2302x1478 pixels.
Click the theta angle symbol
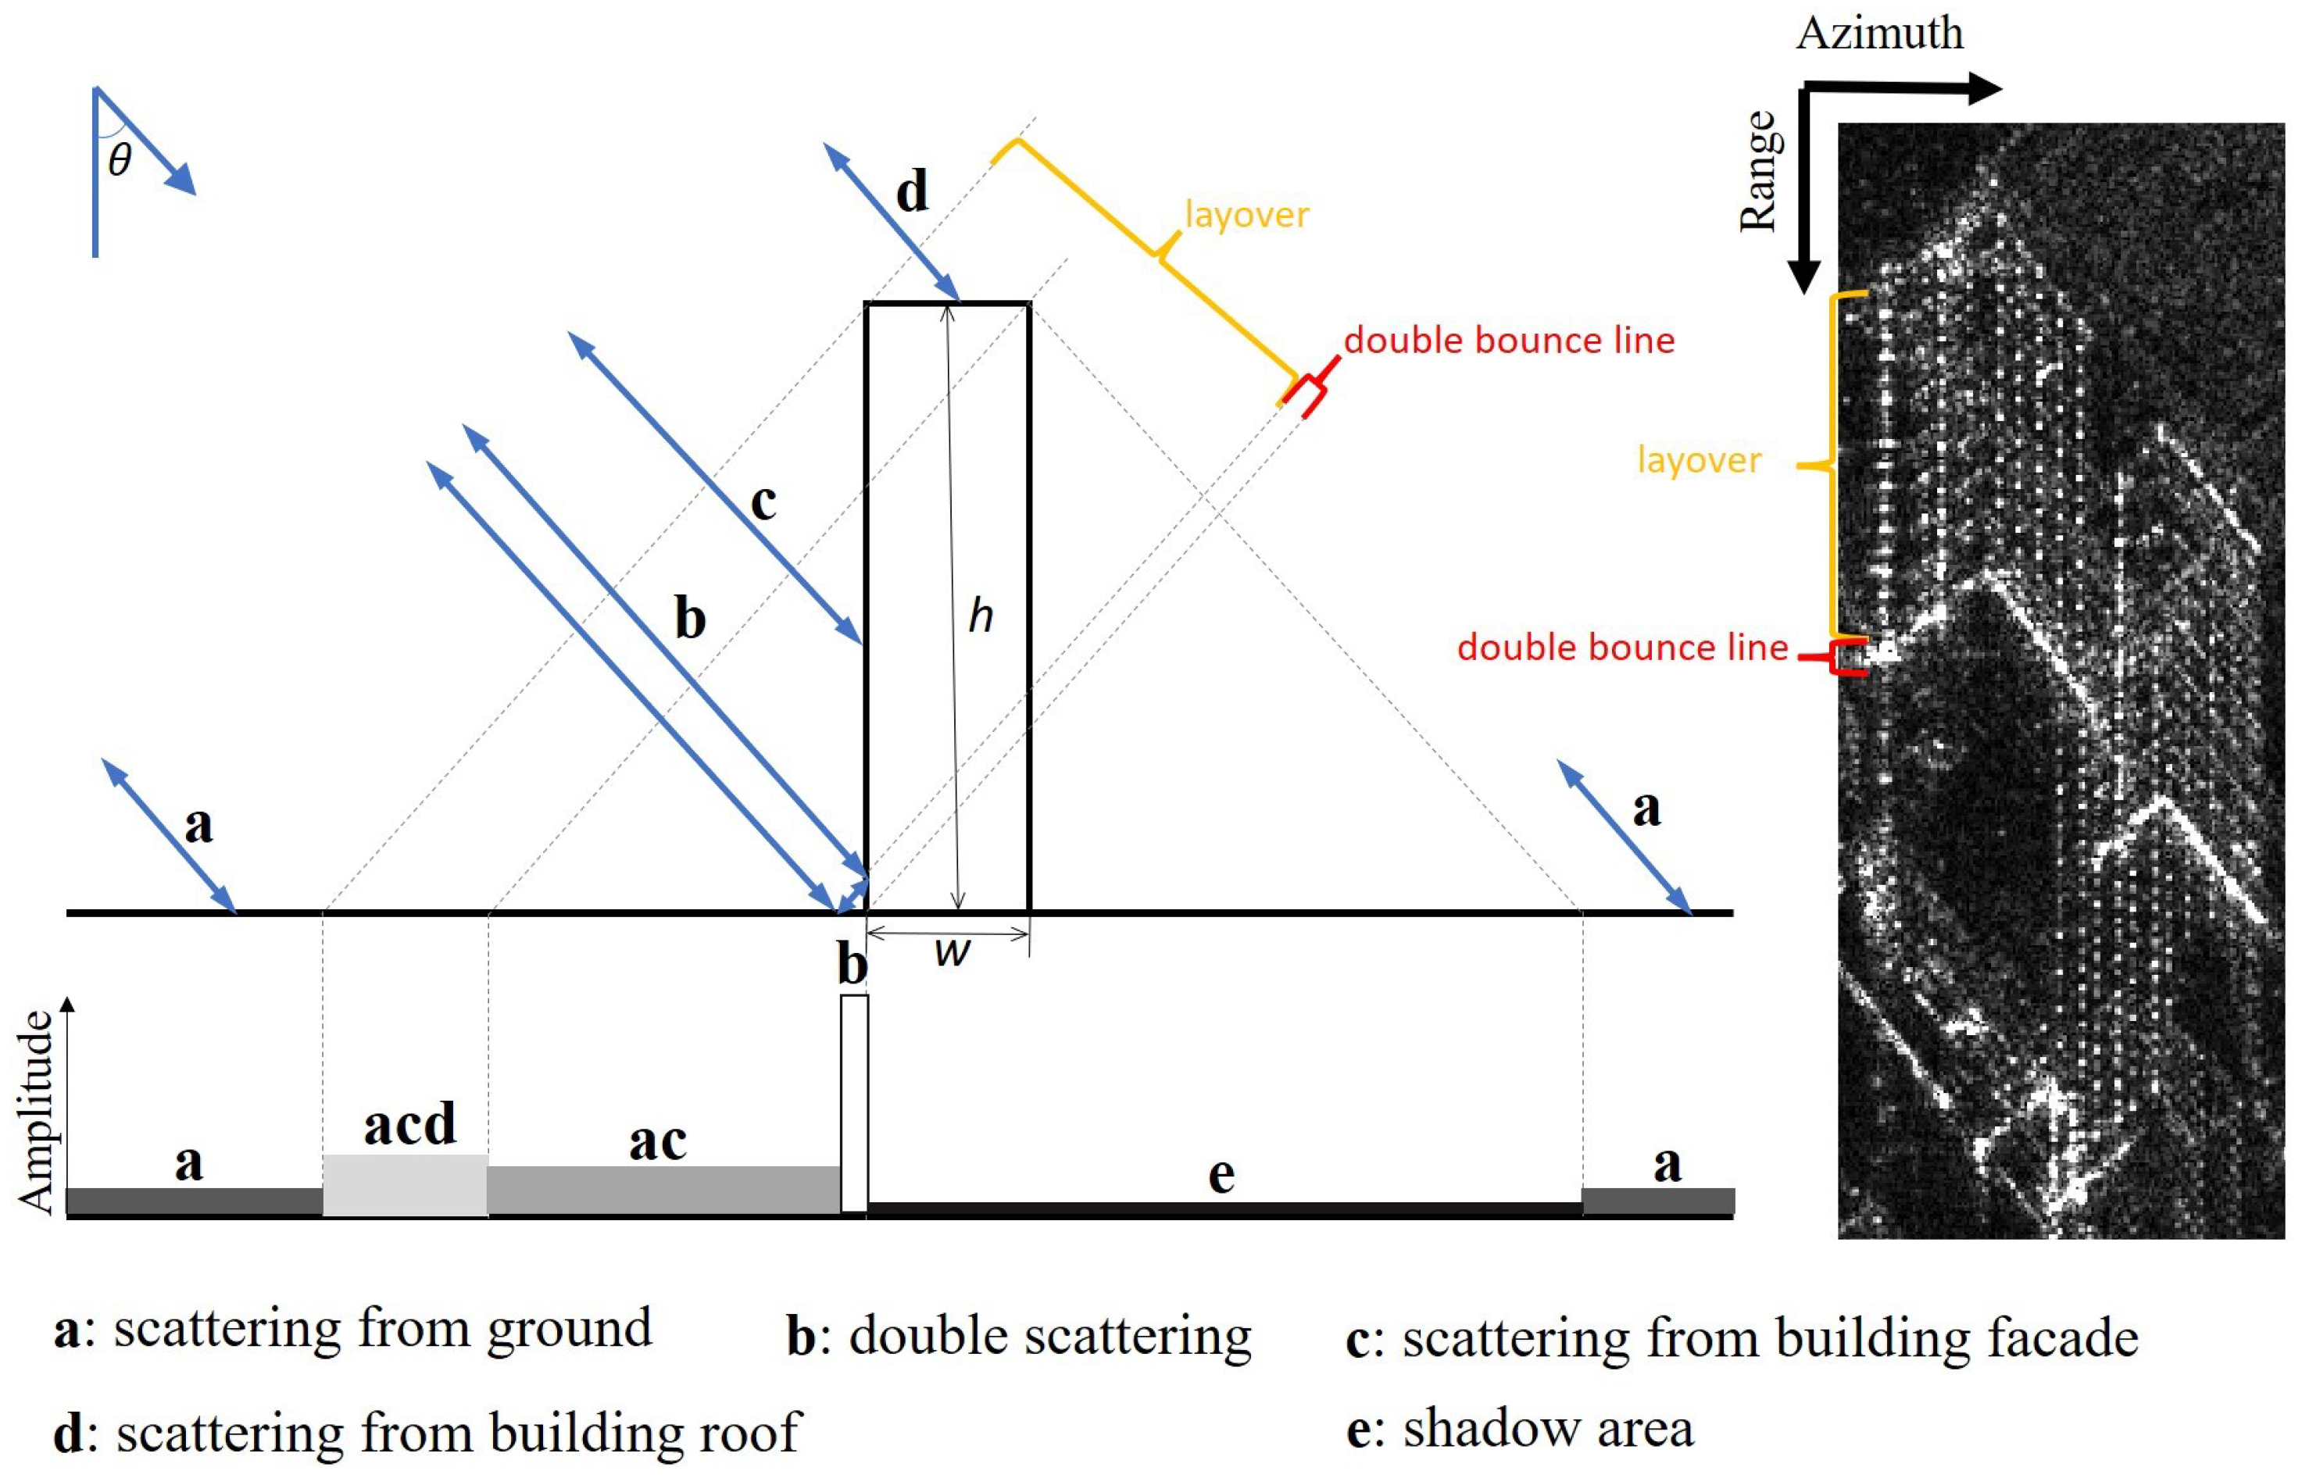click(119, 159)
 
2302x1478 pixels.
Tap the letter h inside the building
click(980, 616)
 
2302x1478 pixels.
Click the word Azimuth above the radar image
click(1878, 34)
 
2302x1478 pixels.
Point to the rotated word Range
click(1759, 171)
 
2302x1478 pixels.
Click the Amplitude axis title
click(37, 1112)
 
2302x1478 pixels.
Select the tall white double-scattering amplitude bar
click(853, 1104)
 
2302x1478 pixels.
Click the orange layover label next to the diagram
click(1247, 214)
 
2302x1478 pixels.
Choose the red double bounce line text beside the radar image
click(1622, 648)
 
